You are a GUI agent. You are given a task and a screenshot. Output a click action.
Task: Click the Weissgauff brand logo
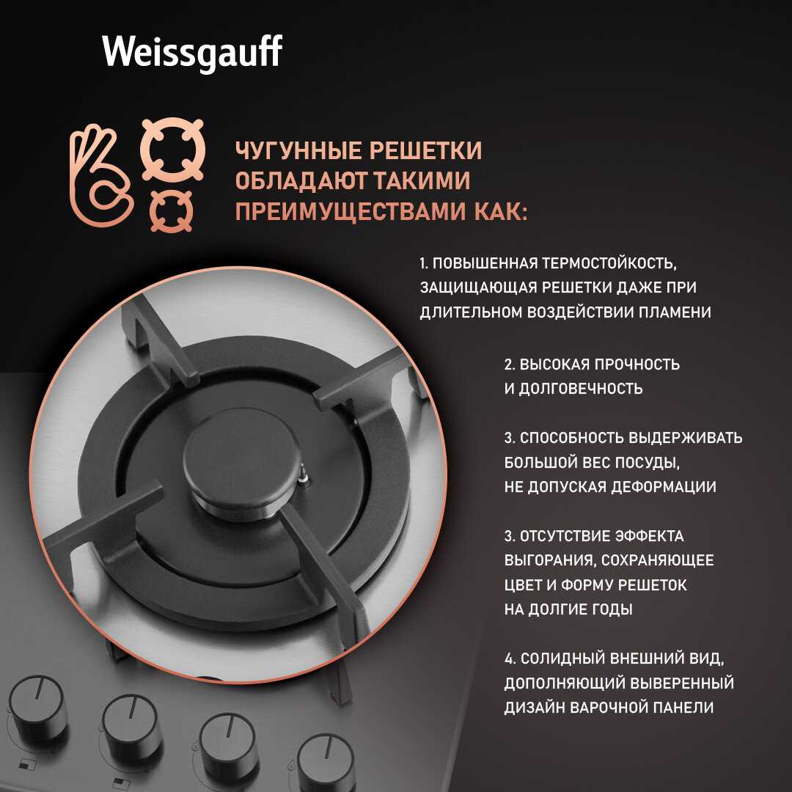(192, 51)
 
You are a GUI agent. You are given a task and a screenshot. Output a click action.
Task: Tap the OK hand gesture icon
(101, 175)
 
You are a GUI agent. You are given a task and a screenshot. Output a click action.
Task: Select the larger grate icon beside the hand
(173, 150)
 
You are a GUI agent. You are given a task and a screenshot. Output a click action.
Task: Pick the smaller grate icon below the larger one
(172, 210)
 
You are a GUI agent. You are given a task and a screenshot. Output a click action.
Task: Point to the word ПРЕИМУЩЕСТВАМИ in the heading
(351, 211)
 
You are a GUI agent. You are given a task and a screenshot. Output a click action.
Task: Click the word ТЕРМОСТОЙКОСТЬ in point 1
(609, 263)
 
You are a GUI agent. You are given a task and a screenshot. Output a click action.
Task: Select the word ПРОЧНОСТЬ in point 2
(637, 364)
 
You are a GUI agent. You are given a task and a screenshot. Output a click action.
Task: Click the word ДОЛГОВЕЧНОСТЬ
(581, 389)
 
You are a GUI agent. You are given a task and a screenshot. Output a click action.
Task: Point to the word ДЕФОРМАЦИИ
(663, 486)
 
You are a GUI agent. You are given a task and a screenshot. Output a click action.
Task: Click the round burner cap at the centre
(241, 461)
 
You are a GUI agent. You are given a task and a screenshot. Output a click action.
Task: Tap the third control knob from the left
(227, 745)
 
